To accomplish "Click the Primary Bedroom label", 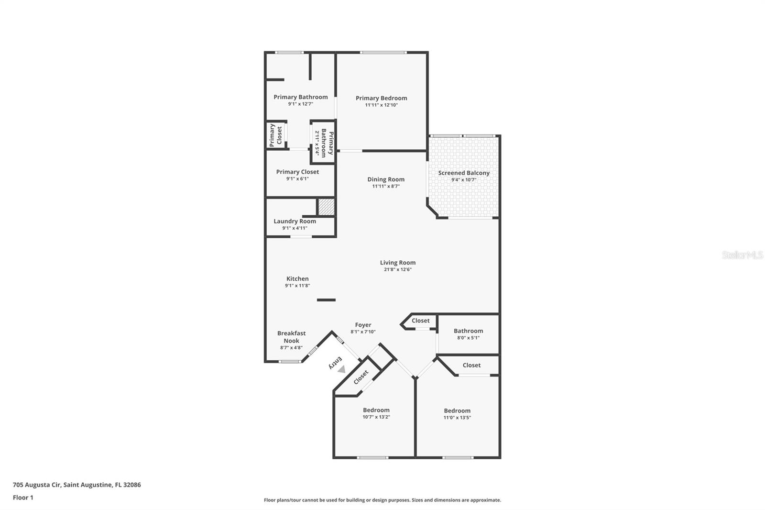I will tap(381, 98).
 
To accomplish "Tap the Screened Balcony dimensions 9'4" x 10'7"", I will tap(464, 180).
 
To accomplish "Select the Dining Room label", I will tap(386, 179).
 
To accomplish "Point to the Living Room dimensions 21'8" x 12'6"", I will tap(397, 269).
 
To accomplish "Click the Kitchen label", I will tap(297, 278).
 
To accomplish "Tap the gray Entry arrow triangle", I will tap(341, 369).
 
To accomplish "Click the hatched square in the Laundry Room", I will tap(326, 207).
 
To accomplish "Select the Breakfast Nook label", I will tap(291, 337).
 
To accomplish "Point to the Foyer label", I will tap(363, 325).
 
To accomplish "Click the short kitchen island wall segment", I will tap(326, 300).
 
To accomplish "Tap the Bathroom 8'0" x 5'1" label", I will tap(468, 331).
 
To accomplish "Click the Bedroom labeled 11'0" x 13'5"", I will tap(457, 410).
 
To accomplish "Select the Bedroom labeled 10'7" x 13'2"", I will tap(376, 410).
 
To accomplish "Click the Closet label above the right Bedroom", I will tap(471, 365).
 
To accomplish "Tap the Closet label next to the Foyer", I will tap(421, 321).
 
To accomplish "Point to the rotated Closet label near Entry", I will tap(361, 377).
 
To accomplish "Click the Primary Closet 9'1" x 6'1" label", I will tap(297, 172).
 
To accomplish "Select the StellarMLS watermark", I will tap(742, 255).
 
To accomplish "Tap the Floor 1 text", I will tap(23, 498).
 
